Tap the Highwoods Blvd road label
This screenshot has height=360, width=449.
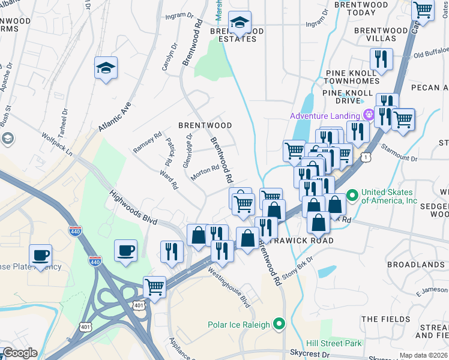coord(134,208)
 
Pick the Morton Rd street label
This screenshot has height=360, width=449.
coord(205,172)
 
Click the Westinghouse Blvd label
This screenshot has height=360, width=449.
coord(229,287)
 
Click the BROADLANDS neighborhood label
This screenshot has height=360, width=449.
coord(415,265)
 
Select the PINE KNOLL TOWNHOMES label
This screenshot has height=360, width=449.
coord(353,77)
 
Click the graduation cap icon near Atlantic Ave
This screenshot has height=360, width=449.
coord(106,68)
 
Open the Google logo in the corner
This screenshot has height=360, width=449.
coord(20,353)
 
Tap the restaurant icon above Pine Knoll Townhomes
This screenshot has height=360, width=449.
coord(381,59)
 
